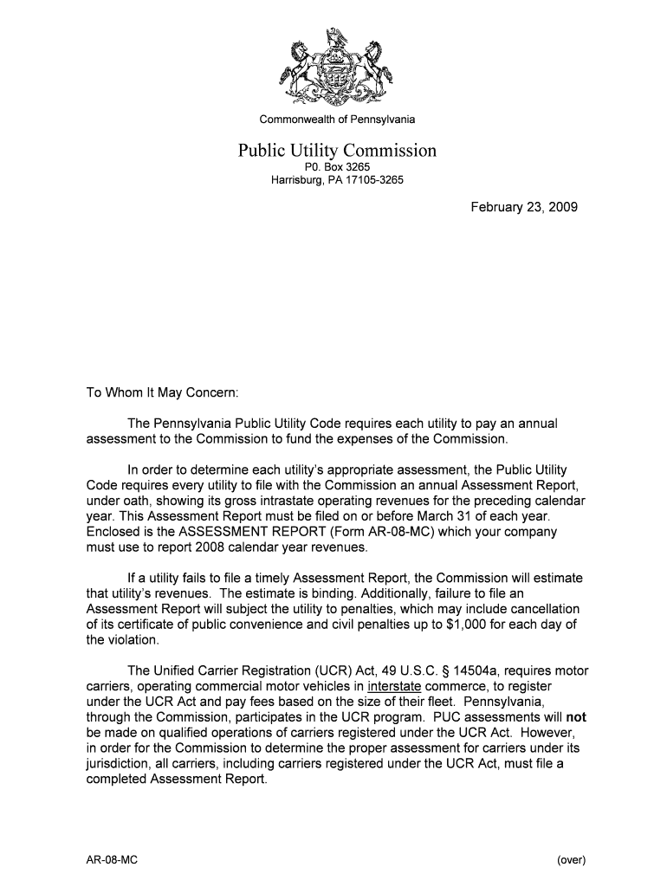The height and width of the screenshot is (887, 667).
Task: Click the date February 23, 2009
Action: (524, 208)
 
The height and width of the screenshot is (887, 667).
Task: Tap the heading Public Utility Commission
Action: (337, 152)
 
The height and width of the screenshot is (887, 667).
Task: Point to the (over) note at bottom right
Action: (572, 860)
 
